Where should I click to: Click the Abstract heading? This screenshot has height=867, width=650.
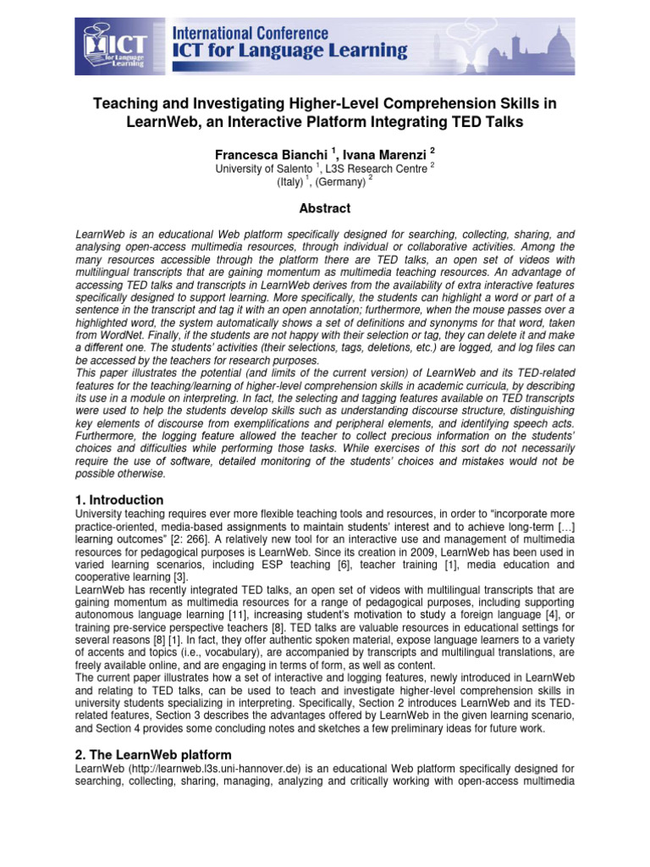click(x=325, y=208)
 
